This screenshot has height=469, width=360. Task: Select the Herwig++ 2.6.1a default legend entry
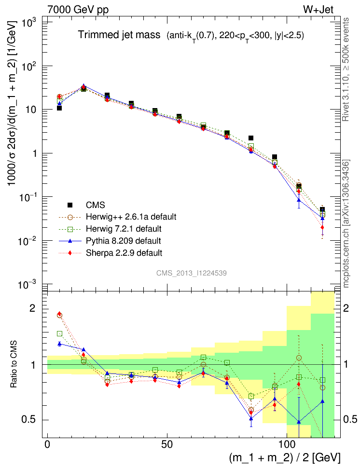click(x=130, y=217)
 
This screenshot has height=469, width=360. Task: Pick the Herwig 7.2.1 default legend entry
click(x=127, y=228)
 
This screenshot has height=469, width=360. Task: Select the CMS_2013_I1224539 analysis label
click(x=192, y=273)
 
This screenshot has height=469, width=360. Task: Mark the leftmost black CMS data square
click(x=59, y=108)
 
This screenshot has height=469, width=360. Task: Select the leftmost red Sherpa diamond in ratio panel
click(x=59, y=314)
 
